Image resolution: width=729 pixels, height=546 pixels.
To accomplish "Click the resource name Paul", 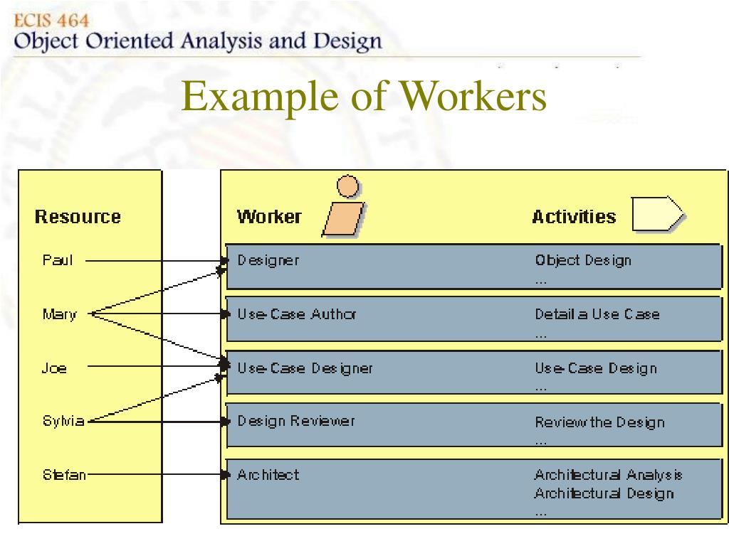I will (x=57, y=260).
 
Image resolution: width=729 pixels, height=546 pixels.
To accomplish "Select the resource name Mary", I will (x=59, y=314).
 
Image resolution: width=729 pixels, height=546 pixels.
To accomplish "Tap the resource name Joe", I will (x=54, y=368).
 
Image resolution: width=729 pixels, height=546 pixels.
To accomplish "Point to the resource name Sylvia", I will (x=63, y=421).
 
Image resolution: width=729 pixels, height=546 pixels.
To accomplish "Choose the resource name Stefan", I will (x=64, y=474).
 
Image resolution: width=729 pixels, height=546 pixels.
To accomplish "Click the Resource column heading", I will (x=78, y=217).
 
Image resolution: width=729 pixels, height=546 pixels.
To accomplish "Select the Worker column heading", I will (x=269, y=217).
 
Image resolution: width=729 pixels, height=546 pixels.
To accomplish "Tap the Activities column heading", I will (x=574, y=217).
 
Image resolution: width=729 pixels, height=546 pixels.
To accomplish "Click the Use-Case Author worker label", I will (x=296, y=314).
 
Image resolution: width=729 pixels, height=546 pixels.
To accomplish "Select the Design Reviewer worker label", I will (x=295, y=421).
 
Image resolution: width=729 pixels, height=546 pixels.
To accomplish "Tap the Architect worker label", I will (x=268, y=474).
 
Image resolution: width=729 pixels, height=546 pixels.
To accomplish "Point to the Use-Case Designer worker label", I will (x=305, y=368).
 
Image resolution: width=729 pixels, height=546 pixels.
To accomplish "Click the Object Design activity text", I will (x=583, y=260).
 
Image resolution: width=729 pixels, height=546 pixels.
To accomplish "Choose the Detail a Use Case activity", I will (x=597, y=314).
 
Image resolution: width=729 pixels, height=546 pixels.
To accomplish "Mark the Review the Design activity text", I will (x=599, y=422).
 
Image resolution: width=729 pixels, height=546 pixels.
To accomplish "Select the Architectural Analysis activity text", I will (x=608, y=475).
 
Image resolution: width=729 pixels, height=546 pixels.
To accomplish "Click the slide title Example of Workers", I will (x=364, y=97).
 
